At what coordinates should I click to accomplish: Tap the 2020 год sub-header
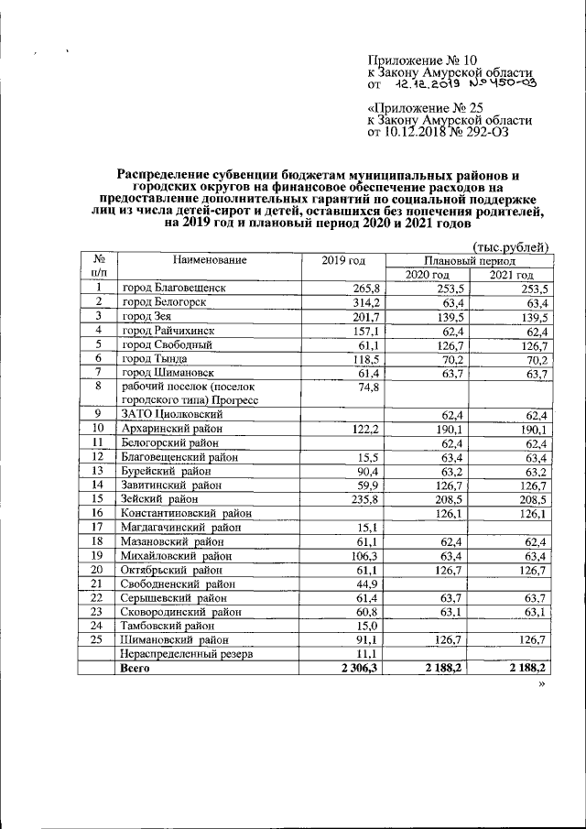click(x=427, y=275)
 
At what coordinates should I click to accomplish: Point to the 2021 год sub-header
click(x=511, y=275)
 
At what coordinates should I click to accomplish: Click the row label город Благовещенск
click(x=174, y=289)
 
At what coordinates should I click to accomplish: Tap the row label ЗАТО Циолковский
click(x=169, y=415)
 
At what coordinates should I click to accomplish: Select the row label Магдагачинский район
click(x=181, y=527)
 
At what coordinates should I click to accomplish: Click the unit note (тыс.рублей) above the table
click(x=509, y=245)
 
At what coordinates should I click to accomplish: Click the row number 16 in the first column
click(x=98, y=513)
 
